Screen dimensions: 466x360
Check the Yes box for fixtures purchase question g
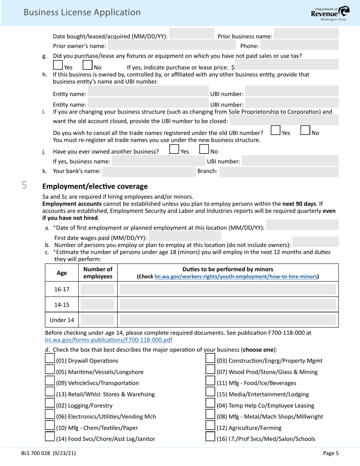[58, 65]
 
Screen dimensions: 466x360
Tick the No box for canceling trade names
[305, 130]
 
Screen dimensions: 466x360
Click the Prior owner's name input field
[172, 46]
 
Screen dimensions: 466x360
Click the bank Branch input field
[279, 172]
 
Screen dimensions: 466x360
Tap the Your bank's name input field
[149, 172]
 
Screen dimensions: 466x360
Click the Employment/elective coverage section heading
[95, 186]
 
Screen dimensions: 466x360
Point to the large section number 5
[24, 186]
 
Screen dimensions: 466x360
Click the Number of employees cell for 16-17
[97, 289]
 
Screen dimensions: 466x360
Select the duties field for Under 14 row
[228, 320]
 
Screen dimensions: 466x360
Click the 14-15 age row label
[62, 305]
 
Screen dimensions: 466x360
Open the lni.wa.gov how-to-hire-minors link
[236, 277]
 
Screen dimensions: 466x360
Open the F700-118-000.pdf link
[108, 340]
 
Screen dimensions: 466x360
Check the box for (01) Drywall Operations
[50, 358]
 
